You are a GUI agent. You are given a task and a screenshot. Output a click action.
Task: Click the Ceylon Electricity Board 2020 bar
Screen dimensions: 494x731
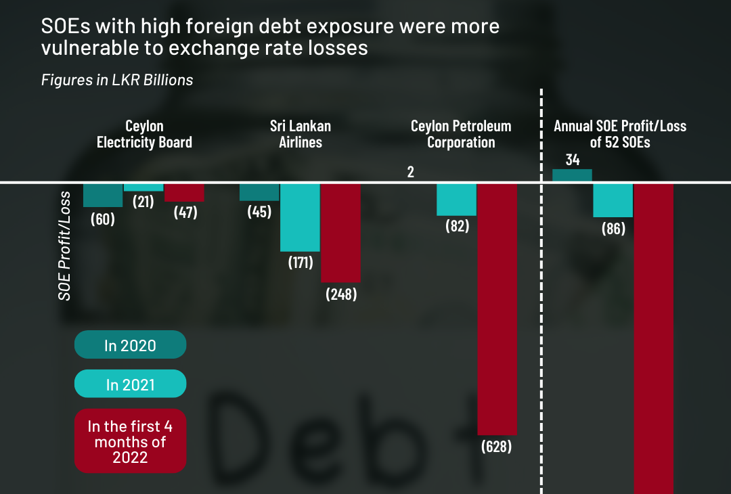point(103,195)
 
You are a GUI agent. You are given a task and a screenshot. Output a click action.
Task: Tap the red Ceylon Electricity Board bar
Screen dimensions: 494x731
point(184,192)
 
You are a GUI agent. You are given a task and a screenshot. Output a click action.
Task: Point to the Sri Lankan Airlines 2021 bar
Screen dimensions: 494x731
point(300,217)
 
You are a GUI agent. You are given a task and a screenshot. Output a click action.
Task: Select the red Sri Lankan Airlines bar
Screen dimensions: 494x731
point(340,232)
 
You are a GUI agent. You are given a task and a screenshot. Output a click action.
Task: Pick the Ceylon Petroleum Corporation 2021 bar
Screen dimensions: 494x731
point(457,199)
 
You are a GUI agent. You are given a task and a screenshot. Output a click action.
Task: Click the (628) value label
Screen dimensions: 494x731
point(497,447)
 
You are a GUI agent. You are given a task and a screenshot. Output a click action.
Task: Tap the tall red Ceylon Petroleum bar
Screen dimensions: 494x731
point(497,309)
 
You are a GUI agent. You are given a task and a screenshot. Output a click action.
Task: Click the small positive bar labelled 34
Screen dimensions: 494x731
point(572,176)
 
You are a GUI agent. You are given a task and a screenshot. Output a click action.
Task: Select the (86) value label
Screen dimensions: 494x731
point(613,229)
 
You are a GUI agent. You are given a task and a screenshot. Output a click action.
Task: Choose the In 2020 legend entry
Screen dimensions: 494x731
point(130,346)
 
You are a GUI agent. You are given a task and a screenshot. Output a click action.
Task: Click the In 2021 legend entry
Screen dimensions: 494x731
point(130,385)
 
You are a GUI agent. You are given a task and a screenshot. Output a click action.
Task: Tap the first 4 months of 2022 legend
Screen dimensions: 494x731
point(130,442)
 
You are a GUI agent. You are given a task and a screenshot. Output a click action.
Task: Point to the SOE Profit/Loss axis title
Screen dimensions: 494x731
point(64,246)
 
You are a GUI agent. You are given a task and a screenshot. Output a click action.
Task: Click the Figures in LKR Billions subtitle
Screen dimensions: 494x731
point(117,80)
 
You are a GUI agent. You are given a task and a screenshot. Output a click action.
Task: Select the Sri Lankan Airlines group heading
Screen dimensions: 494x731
point(301,134)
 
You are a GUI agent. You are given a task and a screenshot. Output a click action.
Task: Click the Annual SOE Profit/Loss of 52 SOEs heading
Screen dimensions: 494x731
point(620,134)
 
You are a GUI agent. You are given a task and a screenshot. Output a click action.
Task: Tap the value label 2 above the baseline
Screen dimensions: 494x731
point(410,172)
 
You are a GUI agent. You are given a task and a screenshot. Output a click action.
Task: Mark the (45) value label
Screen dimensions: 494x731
point(259,212)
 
